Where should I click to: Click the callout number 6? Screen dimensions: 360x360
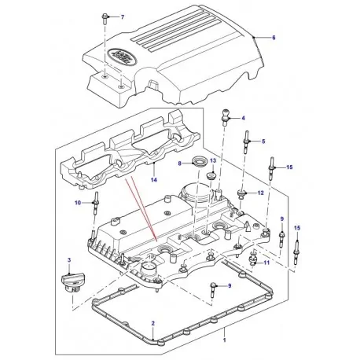coord(274,38)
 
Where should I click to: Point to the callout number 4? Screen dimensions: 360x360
coord(243,118)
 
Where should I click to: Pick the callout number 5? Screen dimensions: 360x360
coord(263,141)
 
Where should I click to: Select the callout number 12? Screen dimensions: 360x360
coord(261,193)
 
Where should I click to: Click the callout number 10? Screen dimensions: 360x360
coord(78,204)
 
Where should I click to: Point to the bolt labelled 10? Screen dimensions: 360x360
coord(96,205)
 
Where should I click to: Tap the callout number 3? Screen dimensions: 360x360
coord(68,260)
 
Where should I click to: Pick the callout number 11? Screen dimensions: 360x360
coord(266,263)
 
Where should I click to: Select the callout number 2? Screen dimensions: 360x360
coord(153,323)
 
